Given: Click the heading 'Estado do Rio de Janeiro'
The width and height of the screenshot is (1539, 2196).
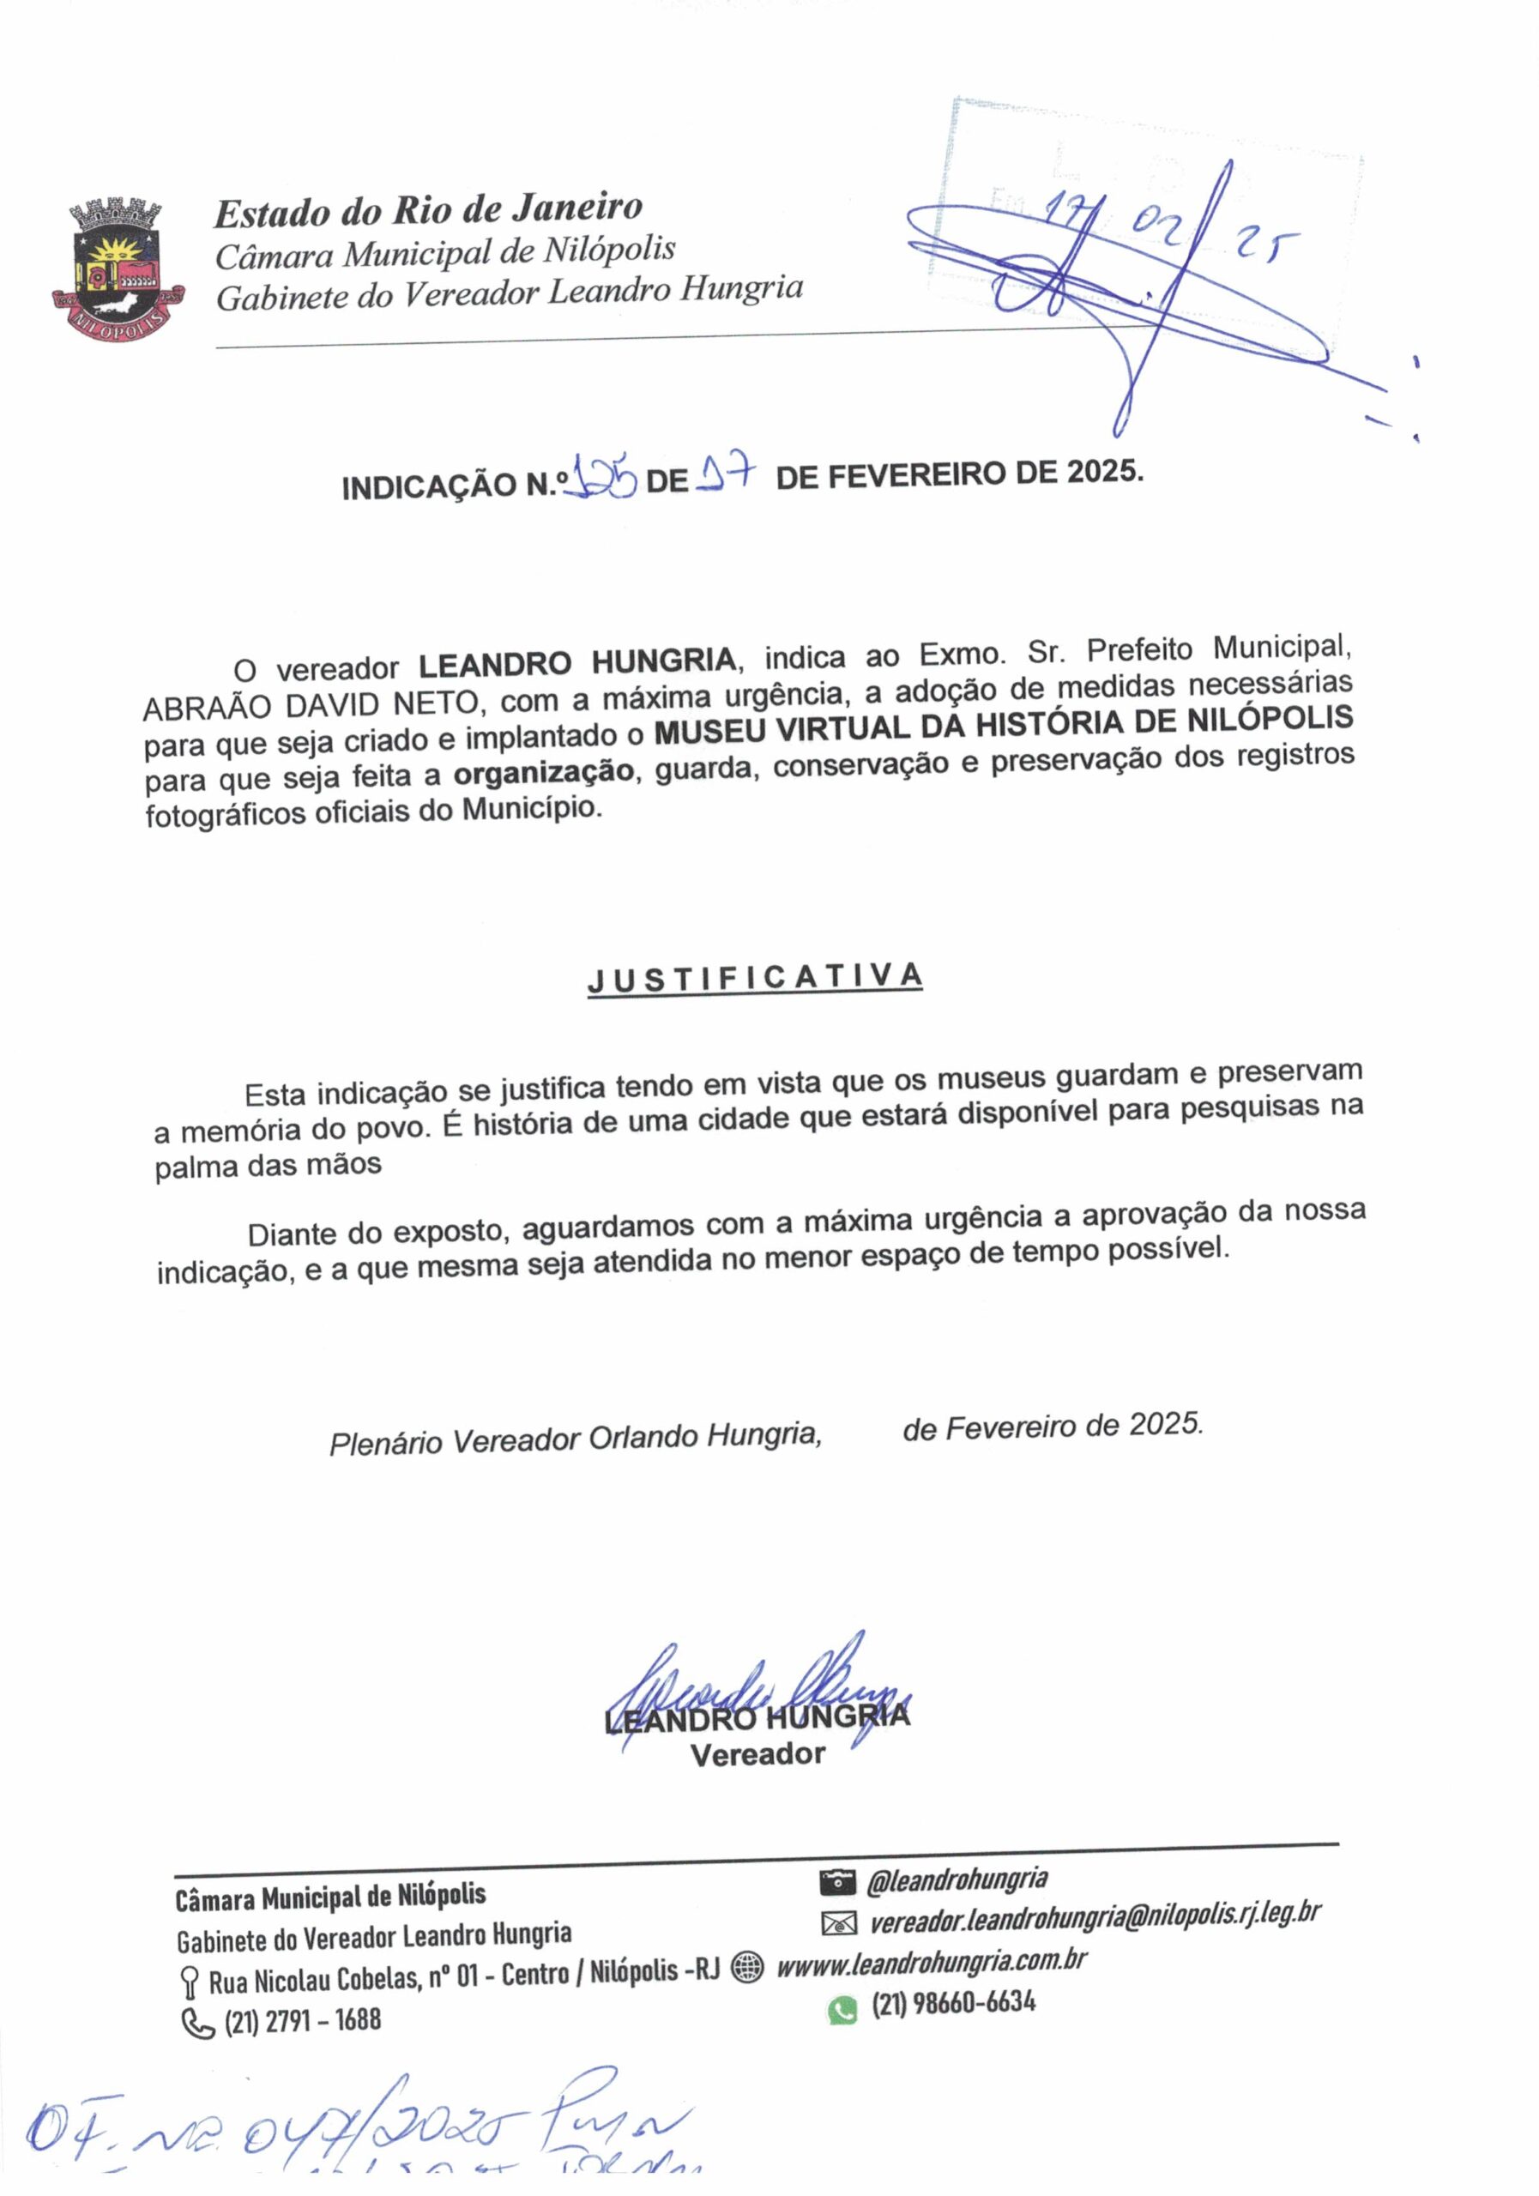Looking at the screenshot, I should tap(427, 209).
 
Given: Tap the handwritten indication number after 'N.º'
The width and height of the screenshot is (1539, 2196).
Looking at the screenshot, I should tap(600, 477).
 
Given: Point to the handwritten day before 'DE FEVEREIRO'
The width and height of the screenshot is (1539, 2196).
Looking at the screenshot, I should tap(725, 473).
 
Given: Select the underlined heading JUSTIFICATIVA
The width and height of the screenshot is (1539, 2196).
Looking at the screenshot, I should tap(755, 979).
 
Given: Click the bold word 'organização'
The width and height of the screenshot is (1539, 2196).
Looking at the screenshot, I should tap(543, 772).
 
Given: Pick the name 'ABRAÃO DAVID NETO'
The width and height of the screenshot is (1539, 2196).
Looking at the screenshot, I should tap(310, 705).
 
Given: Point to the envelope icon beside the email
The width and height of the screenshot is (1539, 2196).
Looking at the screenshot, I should tap(839, 1922).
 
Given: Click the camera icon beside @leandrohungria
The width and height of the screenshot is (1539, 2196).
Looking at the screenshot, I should tap(837, 1883).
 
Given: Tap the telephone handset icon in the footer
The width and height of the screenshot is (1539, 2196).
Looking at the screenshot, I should tap(197, 2024).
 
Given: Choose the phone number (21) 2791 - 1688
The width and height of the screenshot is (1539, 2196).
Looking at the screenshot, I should tap(302, 2020).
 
